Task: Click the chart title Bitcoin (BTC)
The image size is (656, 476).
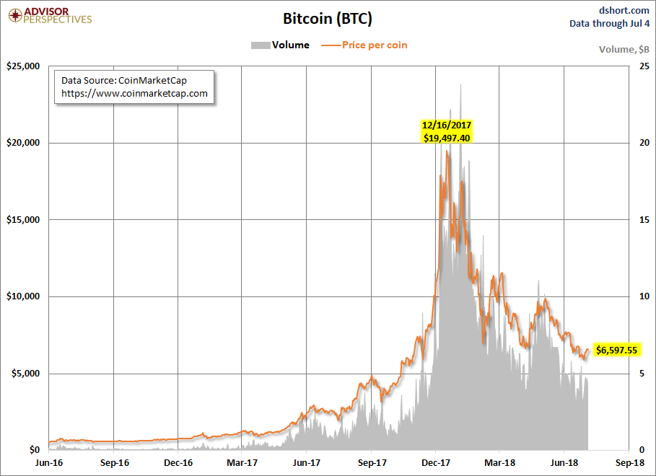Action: click(x=328, y=18)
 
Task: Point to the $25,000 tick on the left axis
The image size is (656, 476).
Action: click(x=22, y=66)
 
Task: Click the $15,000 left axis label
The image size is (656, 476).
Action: click(x=22, y=220)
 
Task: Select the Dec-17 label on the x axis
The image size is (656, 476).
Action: click(x=437, y=462)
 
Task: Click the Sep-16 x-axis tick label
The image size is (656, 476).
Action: click(x=115, y=462)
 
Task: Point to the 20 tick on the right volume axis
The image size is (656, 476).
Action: click(x=643, y=143)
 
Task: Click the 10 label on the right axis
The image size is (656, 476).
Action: click(x=643, y=296)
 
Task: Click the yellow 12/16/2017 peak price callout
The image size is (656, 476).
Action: click(x=447, y=131)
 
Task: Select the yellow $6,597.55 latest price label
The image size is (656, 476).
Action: click(x=616, y=351)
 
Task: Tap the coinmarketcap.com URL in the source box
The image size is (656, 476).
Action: click(x=134, y=94)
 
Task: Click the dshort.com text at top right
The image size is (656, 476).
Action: click(x=625, y=10)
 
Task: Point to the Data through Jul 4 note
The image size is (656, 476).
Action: click(x=610, y=24)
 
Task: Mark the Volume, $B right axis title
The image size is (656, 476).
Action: click(x=624, y=49)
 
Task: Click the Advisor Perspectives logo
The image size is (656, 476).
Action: click(x=48, y=15)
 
